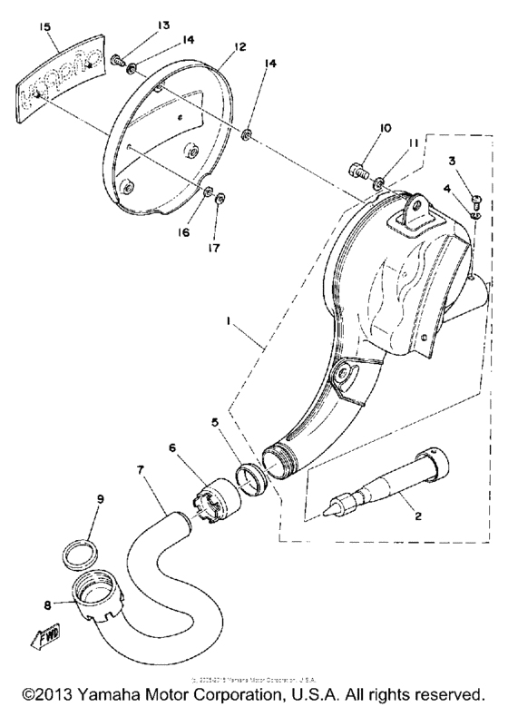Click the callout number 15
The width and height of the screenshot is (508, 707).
click(x=44, y=28)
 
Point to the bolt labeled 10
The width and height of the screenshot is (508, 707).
click(x=357, y=169)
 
